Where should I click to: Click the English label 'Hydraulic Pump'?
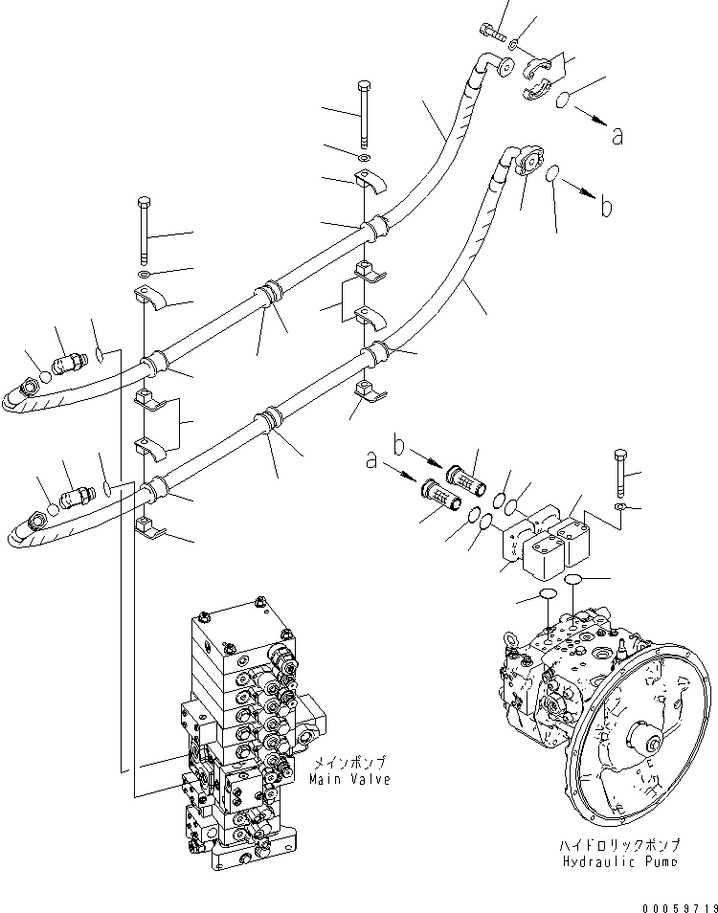[619, 860]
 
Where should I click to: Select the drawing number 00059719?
[680, 907]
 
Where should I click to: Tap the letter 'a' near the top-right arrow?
[617, 136]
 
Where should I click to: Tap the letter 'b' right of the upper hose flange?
[606, 206]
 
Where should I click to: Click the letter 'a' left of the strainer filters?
[371, 461]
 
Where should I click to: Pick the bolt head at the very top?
[487, 27]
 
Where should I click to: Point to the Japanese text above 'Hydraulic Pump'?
[619, 845]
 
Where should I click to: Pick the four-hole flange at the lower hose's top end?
[530, 160]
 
